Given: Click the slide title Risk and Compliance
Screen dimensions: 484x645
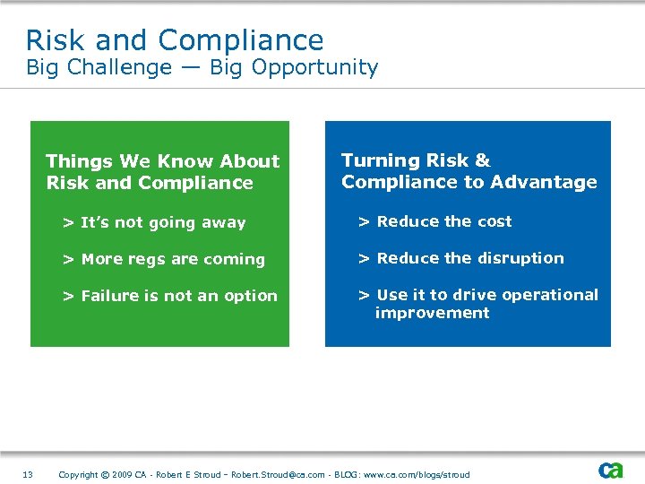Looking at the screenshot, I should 175,40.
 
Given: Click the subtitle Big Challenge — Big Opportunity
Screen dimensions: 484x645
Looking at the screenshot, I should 202,68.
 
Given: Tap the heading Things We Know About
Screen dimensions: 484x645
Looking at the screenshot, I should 162,161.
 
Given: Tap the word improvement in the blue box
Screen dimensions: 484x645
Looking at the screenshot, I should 432,313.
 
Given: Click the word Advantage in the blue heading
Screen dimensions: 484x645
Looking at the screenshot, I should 544,182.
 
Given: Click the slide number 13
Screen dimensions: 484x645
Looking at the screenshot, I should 28,474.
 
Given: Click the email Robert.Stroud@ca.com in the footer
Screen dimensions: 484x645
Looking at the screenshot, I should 278,474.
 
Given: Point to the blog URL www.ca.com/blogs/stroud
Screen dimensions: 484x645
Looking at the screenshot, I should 417,474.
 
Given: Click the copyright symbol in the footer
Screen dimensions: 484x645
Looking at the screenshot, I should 105,474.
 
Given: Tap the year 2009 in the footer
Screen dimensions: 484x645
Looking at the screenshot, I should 123,474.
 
